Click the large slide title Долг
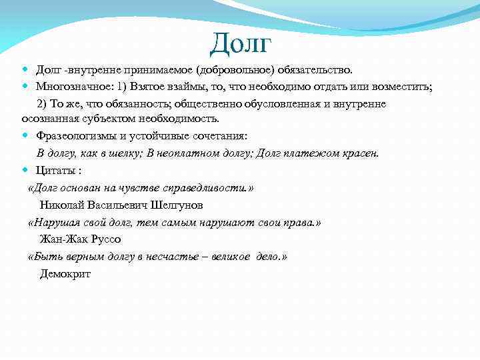coord(241,43)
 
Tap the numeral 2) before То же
coord(41,104)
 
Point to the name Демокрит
coord(65,274)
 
